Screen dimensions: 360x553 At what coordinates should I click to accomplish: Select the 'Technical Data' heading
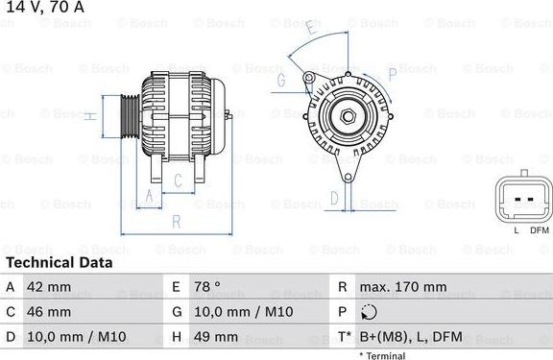point(59,262)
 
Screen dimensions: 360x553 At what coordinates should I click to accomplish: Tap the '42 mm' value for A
point(50,287)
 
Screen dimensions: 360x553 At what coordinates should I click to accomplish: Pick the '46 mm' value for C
point(50,312)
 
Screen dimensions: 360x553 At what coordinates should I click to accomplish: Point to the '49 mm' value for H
point(217,337)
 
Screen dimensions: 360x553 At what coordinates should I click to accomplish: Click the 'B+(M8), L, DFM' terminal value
point(409,337)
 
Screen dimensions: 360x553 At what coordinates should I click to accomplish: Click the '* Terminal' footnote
point(382,355)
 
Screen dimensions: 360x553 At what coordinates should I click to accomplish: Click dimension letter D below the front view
point(333,199)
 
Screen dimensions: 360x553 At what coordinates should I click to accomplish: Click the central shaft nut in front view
point(348,119)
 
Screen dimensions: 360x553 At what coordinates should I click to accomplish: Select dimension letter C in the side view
point(178,180)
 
